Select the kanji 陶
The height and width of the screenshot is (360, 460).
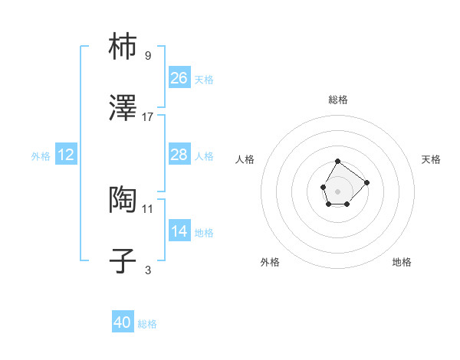click(x=123, y=200)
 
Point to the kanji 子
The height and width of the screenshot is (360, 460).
click(x=123, y=261)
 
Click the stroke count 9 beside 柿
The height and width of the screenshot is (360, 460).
click(x=148, y=55)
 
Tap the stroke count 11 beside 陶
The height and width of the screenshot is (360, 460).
click(x=148, y=208)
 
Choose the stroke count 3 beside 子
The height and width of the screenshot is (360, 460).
click(x=148, y=270)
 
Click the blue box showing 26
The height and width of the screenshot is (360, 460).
click(x=179, y=77)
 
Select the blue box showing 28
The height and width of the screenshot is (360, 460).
click(x=179, y=155)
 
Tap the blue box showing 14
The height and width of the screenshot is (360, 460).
click(x=179, y=231)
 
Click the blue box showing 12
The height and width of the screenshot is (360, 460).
click(x=66, y=155)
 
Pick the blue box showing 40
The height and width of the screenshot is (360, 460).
click(x=123, y=322)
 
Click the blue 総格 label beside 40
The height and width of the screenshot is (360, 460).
click(x=147, y=324)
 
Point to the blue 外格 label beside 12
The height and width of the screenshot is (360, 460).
click(x=41, y=156)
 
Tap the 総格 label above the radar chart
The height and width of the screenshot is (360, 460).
click(x=337, y=100)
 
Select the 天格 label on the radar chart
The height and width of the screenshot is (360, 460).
click(x=431, y=159)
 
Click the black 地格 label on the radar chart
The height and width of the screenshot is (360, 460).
click(x=402, y=262)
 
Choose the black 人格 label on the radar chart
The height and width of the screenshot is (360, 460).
click(x=245, y=159)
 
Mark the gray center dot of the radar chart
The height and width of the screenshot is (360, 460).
click(x=337, y=190)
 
